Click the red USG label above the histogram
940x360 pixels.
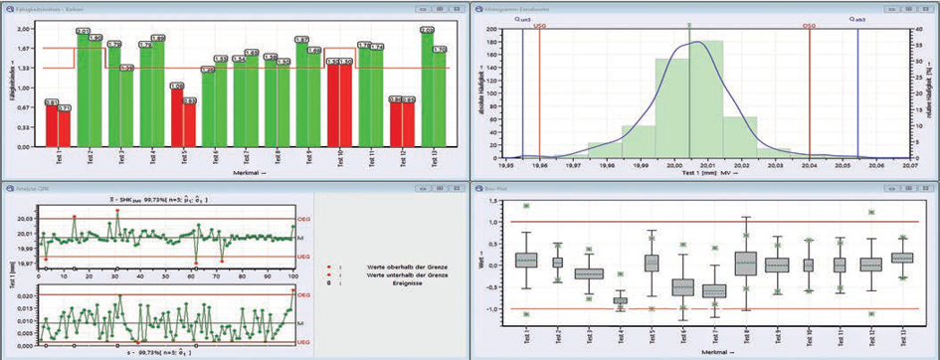[x=538, y=25]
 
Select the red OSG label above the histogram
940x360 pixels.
[x=811, y=25]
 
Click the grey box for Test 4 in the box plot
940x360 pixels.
[x=620, y=300]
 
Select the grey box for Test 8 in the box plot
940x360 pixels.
[x=746, y=264]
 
